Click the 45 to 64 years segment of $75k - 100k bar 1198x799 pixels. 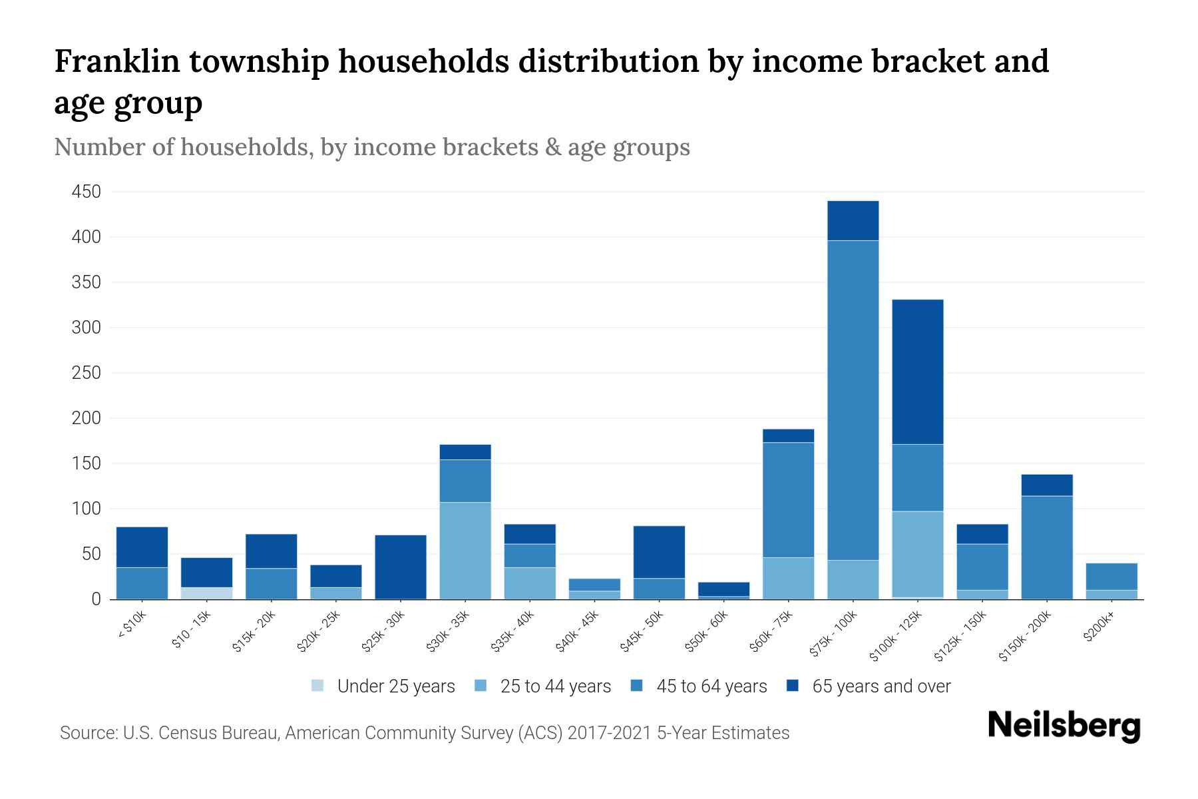pos(853,400)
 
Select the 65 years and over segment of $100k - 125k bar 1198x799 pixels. pos(917,372)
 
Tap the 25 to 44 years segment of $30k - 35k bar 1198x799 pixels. pos(465,550)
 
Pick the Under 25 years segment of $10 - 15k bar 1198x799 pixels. pos(206,593)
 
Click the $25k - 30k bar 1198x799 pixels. pos(401,566)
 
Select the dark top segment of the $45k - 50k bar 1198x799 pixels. pos(659,552)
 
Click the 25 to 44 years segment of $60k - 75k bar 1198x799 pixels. pos(788,578)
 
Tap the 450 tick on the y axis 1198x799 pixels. pos(87,192)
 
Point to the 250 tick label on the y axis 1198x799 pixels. pos(87,373)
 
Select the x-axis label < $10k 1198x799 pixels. pos(132,626)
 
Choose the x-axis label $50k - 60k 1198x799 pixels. pos(707,633)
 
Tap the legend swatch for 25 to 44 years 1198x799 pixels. pos(481,686)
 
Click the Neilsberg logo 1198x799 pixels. pos(1064,726)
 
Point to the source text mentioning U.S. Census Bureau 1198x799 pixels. pos(424,733)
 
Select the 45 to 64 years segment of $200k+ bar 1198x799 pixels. pos(1111,577)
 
